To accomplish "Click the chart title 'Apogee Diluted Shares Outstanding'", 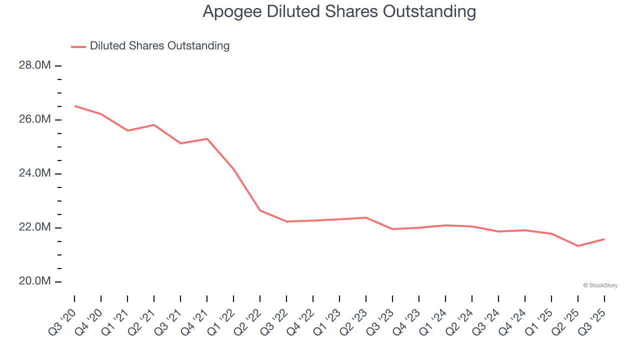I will (339, 11).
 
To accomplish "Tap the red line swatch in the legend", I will (78, 46).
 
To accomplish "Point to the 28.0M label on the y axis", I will (35, 65).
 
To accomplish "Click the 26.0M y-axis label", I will (35, 119).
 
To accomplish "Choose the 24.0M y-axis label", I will (35, 173).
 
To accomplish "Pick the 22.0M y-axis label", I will (35, 227).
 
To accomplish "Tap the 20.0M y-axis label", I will (35, 281).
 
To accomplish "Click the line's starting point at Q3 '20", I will (74, 106).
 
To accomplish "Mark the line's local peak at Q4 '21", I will (207, 138).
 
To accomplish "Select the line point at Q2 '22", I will (260, 210).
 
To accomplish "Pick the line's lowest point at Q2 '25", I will (578, 246).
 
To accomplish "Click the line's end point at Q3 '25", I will (604, 239).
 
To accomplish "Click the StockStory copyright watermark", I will (600, 285).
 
